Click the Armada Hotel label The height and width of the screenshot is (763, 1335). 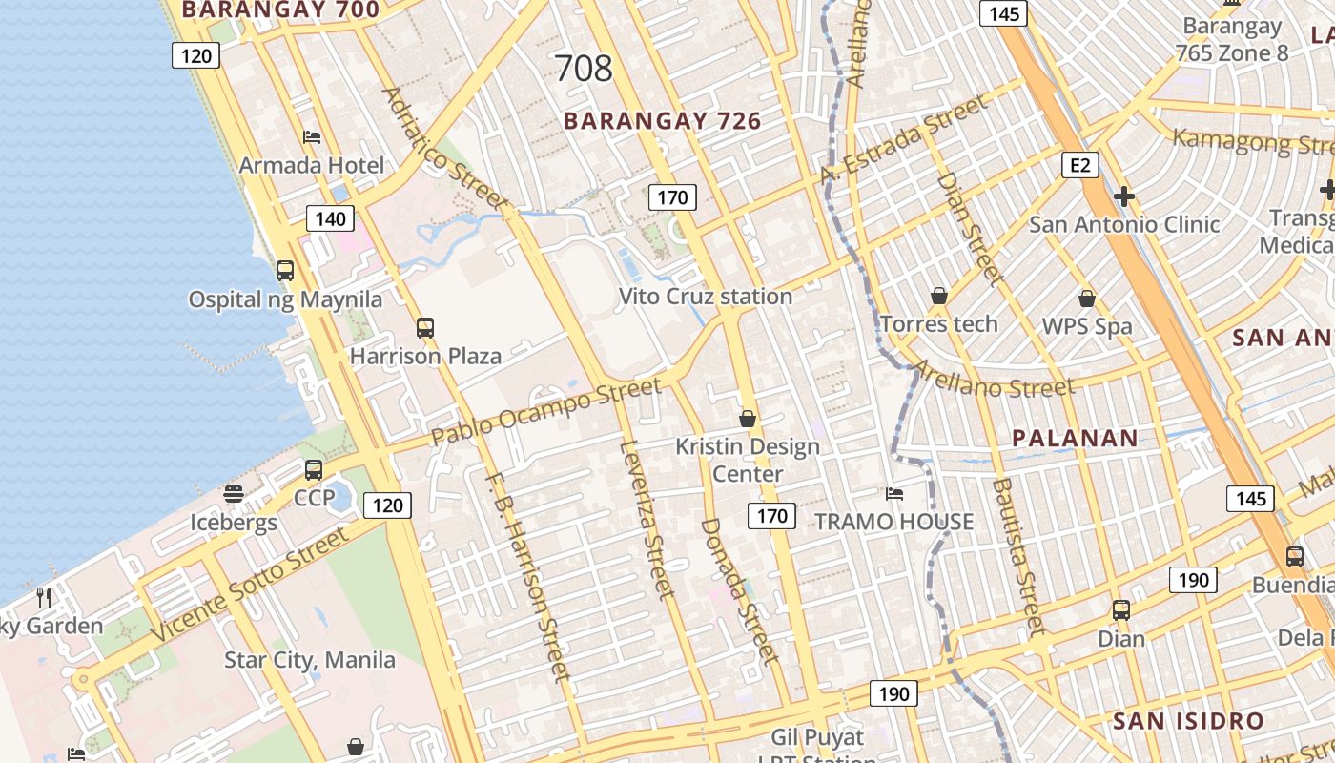[x=311, y=165]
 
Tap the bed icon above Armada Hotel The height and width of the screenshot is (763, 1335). [x=311, y=137]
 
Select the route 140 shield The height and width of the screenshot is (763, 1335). [x=330, y=218]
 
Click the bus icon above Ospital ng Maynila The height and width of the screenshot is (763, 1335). [x=285, y=271]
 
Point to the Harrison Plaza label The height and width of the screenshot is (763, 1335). [x=425, y=357]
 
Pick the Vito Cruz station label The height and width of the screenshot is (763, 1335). [x=706, y=297]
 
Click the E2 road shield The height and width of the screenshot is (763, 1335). [x=1079, y=166]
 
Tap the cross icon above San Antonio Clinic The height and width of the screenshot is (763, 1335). [x=1124, y=197]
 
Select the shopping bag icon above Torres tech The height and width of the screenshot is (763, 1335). [x=939, y=297]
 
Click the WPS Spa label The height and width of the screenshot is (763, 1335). [x=1087, y=326]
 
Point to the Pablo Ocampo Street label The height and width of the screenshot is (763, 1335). [x=545, y=411]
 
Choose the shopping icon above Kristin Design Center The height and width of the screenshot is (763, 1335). [x=748, y=419]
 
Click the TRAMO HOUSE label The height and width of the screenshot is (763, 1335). [x=893, y=522]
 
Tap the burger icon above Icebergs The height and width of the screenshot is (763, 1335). [x=234, y=494]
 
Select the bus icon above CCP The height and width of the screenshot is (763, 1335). [x=314, y=470]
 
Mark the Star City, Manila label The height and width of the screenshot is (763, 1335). [x=310, y=660]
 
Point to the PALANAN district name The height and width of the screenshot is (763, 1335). [x=1075, y=439]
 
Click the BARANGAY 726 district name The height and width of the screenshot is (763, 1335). [x=662, y=121]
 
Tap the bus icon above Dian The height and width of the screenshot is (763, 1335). [x=1121, y=610]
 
